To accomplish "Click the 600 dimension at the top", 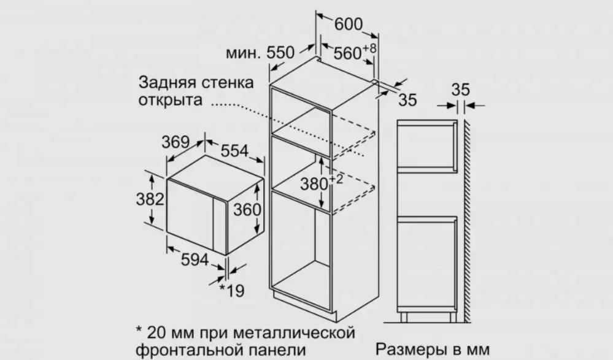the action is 349,25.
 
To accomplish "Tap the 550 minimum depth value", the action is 280,52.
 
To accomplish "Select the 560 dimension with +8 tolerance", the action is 355,52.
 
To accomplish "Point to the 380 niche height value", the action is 314,184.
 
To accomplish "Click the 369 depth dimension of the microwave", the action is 175,142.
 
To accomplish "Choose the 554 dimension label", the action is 234,150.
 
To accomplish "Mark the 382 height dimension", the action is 150,199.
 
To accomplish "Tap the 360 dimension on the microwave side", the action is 247,210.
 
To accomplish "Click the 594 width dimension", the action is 195,259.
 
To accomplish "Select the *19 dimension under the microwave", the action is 231,291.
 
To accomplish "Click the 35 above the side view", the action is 460,90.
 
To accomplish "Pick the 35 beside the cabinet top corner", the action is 408,100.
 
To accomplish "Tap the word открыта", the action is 171,100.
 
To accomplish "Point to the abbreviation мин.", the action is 243,53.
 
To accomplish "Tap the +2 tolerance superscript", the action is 336,179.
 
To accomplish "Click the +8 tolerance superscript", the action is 369,48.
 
